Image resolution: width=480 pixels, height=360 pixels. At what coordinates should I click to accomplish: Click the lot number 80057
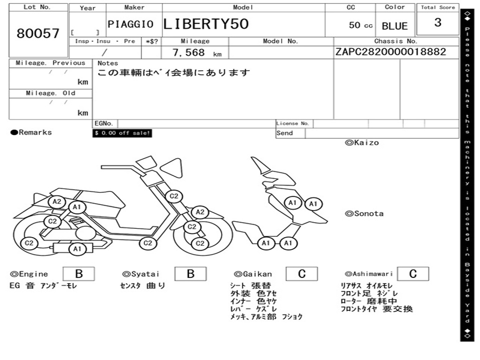click(38, 34)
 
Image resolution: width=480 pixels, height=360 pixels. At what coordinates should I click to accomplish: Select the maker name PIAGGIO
click(130, 24)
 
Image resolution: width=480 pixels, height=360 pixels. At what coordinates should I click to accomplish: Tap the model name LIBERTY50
click(206, 24)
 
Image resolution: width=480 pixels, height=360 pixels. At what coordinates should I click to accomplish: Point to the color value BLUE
click(395, 26)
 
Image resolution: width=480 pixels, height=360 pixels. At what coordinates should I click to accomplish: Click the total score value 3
click(437, 22)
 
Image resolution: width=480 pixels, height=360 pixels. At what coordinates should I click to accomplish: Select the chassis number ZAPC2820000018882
click(390, 52)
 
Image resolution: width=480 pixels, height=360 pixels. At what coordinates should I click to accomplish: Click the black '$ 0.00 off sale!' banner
click(122, 133)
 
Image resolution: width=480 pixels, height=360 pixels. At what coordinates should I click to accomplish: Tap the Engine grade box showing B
click(79, 274)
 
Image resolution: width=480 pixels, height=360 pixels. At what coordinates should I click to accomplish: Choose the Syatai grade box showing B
click(190, 274)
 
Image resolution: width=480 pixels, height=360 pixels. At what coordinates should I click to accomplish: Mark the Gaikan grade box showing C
click(302, 274)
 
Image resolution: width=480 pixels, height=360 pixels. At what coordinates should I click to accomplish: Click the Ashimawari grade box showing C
click(413, 274)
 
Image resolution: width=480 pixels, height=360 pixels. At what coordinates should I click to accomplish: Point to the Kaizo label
click(362, 142)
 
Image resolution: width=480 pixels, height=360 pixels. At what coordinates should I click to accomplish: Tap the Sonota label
click(364, 214)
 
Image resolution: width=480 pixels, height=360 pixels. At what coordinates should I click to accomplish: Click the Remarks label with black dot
click(31, 133)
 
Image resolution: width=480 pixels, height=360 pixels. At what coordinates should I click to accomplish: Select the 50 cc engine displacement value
click(360, 25)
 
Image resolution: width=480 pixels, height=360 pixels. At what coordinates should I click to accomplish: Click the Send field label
click(285, 133)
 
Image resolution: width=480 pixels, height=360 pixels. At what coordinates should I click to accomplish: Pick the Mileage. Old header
click(51, 93)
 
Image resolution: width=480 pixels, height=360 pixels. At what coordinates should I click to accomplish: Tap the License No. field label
click(293, 124)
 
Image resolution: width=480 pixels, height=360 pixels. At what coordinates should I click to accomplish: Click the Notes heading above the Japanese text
click(108, 63)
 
